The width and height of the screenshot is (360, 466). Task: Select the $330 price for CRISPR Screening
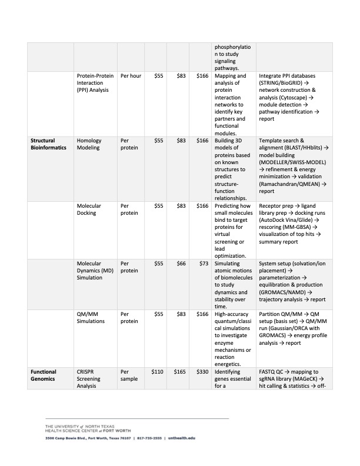point(201,372)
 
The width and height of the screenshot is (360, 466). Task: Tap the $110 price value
point(157,372)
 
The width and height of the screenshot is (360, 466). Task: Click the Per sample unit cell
point(130,376)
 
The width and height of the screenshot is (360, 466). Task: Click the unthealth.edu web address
point(181,438)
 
